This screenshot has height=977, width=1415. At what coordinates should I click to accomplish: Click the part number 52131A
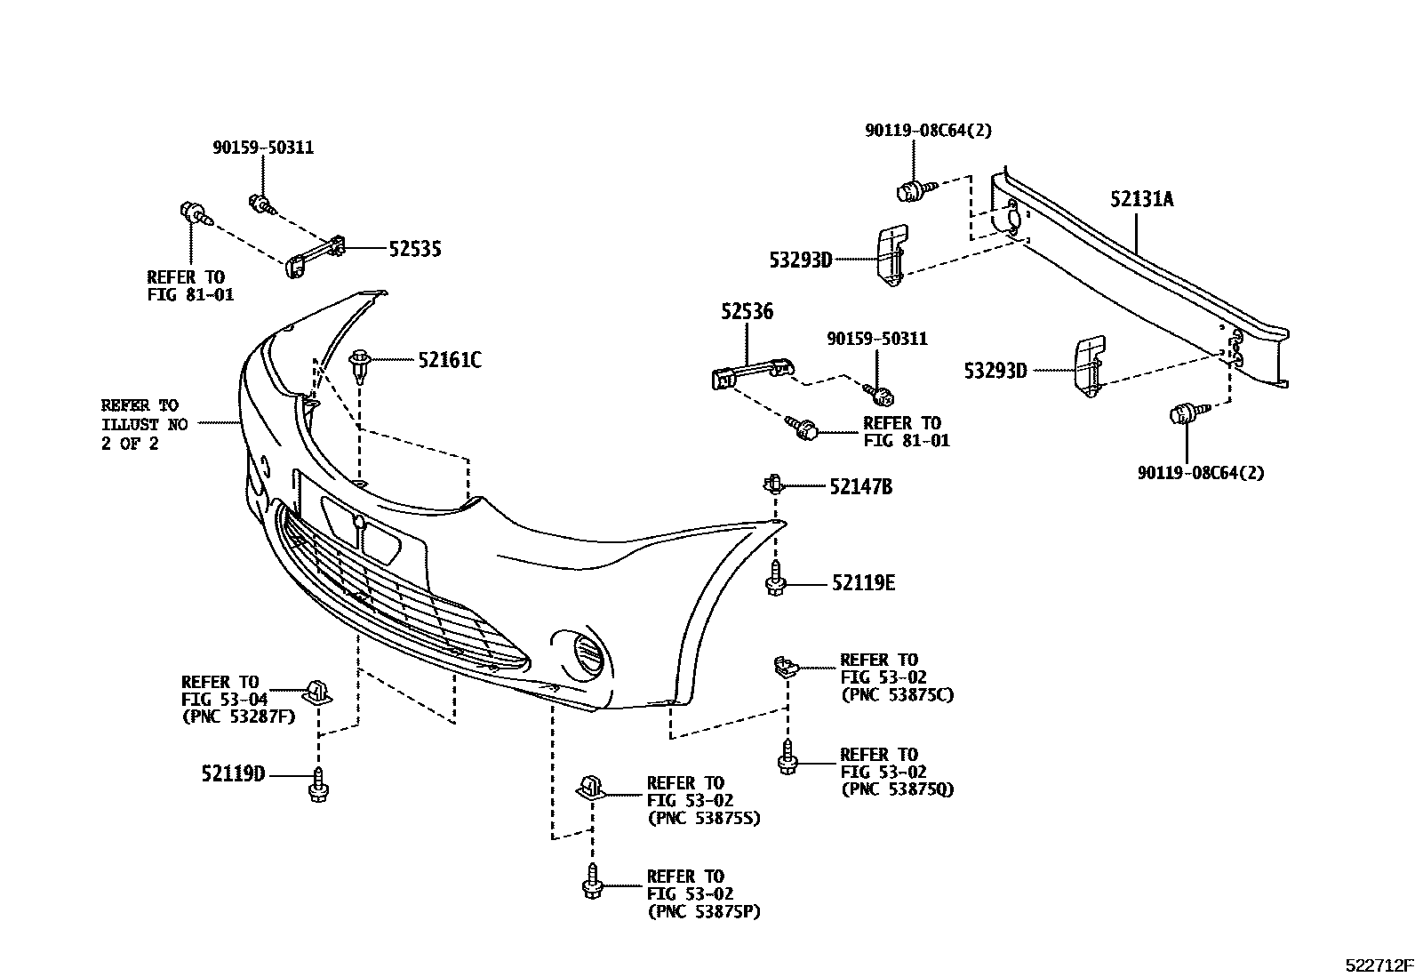1141,199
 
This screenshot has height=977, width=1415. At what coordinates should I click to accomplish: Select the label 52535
414,250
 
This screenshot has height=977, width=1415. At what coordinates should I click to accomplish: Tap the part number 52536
747,311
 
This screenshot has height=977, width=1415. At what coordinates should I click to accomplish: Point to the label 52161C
450,360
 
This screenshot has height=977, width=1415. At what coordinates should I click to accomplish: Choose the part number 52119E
863,583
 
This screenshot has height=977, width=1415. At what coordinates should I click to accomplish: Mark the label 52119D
233,774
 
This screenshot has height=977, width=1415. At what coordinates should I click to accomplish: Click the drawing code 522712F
1378,965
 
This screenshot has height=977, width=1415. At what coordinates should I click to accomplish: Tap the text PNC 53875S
704,818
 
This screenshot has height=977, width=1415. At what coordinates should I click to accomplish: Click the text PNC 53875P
704,911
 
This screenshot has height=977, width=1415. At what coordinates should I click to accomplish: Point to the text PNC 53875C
897,695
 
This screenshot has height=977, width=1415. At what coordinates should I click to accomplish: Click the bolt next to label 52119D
318,784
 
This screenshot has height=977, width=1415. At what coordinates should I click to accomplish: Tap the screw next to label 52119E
774,579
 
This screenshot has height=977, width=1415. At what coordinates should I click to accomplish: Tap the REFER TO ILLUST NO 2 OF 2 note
143,425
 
